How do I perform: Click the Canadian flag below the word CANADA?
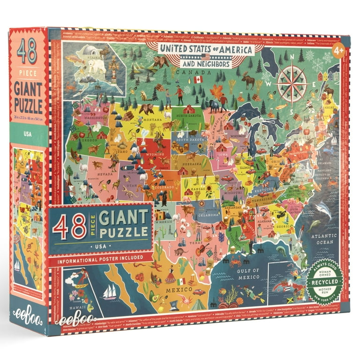(198, 79)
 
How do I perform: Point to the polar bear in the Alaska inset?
(97, 65)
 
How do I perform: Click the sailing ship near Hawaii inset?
(110, 292)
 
